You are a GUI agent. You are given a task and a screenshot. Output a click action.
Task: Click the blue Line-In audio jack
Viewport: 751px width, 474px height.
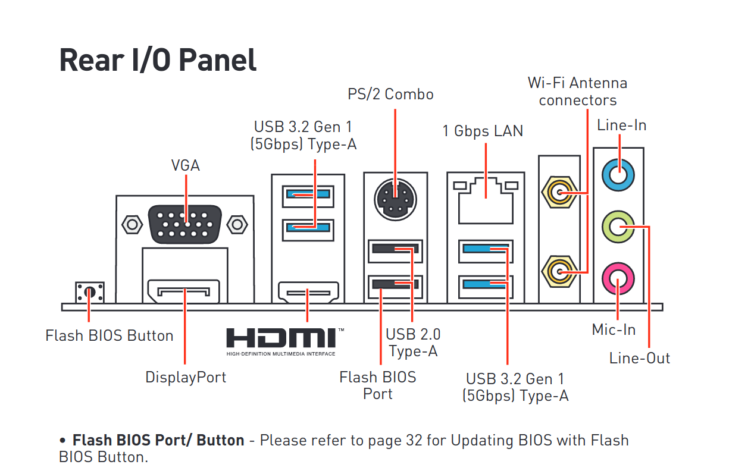click(618, 175)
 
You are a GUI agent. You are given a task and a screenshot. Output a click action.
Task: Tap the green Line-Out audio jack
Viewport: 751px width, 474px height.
click(618, 227)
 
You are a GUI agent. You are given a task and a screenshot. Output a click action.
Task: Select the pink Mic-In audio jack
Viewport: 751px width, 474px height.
click(618, 279)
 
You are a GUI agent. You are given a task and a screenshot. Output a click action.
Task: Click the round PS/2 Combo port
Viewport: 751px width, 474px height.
click(395, 200)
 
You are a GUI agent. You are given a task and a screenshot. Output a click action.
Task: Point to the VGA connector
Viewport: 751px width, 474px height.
click(184, 224)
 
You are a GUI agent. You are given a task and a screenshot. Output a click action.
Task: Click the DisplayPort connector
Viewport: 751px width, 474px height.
click(184, 291)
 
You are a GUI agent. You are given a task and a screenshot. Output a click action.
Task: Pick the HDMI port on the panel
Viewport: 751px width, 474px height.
click(308, 292)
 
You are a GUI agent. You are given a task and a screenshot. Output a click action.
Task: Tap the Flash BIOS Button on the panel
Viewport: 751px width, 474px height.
click(89, 293)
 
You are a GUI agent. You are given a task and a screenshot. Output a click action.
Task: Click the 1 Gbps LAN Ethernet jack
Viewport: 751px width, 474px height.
click(486, 201)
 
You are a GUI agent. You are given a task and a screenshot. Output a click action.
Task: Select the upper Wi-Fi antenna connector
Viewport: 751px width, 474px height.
click(559, 192)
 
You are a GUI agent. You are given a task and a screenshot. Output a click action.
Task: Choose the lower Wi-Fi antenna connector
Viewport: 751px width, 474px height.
click(559, 272)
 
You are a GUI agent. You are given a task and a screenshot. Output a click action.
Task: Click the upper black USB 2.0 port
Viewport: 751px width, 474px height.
click(395, 251)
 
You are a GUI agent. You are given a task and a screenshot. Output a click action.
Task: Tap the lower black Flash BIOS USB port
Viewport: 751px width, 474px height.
click(395, 287)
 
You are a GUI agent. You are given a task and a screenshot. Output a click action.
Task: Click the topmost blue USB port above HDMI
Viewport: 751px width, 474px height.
click(308, 197)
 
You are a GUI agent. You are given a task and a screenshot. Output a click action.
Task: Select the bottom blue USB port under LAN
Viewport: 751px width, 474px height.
click(486, 287)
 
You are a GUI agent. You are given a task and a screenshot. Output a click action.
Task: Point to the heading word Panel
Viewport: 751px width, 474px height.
click(218, 60)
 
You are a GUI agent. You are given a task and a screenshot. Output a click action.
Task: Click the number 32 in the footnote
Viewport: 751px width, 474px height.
click(414, 440)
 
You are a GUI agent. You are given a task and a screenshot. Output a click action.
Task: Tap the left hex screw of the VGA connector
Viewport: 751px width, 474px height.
click(132, 224)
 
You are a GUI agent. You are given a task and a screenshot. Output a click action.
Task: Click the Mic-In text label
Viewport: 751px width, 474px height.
click(614, 329)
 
